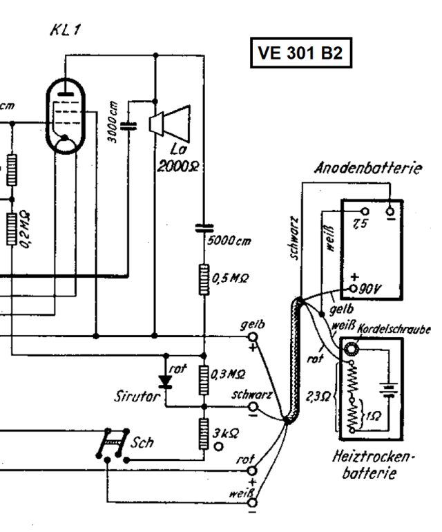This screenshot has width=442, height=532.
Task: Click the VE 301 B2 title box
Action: (x=300, y=53)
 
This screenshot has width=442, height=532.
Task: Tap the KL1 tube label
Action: (x=64, y=31)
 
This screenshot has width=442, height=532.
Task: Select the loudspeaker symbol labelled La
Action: (x=169, y=123)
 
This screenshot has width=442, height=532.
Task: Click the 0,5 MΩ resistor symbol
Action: (x=204, y=278)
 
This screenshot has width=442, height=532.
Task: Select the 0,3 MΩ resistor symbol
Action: (x=204, y=379)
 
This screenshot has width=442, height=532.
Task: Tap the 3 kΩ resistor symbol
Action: (x=204, y=434)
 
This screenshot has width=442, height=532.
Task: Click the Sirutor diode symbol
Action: (x=165, y=380)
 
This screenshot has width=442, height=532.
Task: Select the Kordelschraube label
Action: (x=394, y=331)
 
